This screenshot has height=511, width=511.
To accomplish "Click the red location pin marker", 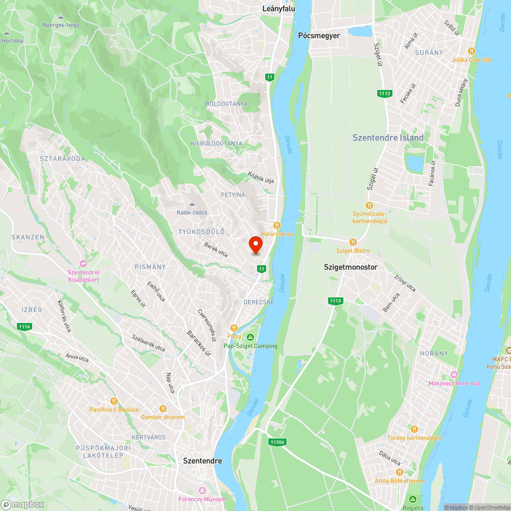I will [255, 245].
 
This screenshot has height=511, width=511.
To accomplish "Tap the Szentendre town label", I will [202, 460].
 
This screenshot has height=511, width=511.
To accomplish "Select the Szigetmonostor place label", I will [351, 267].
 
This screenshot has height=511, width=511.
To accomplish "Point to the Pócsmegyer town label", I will [319, 36].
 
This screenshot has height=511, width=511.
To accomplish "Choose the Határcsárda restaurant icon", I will [277, 225].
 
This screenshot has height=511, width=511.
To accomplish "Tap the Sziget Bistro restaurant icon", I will [353, 242].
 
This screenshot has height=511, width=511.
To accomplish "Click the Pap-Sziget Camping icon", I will [250, 337].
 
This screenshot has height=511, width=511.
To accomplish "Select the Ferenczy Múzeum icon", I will [202, 491].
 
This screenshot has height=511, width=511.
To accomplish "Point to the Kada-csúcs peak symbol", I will [193, 204].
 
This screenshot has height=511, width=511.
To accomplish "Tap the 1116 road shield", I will [24, 326].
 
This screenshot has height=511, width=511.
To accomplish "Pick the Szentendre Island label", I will [388, 137].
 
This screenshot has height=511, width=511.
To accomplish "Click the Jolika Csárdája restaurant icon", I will [471, 51].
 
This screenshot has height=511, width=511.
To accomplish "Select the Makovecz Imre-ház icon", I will [454, 375].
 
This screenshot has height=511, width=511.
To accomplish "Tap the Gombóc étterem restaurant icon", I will [162, 408].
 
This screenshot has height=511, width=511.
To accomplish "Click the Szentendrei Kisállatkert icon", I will [83, 264].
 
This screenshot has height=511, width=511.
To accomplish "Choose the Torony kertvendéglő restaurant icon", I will [414, 429].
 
